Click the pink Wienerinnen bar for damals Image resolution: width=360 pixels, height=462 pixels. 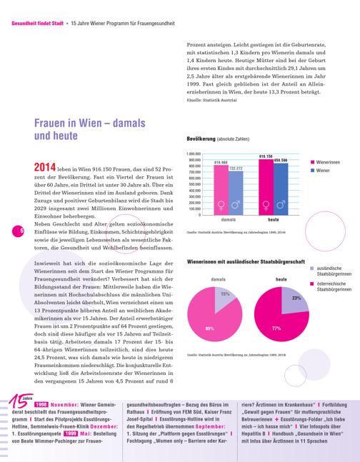(221, 190)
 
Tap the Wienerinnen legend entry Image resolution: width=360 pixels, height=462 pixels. (325, 162)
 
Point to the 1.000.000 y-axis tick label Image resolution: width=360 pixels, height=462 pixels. (194, 154)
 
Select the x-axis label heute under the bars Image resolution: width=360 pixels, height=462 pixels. (274, 220)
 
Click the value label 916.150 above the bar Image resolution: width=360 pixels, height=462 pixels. (266, 156)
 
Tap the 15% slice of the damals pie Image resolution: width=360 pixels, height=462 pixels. (224, 297)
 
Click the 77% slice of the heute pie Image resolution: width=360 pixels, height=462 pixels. (277, 324)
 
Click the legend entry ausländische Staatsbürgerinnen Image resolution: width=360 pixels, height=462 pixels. (331, 271)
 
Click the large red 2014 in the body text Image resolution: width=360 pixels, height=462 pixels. (45, 167)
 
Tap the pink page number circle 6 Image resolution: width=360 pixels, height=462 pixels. (18, 231)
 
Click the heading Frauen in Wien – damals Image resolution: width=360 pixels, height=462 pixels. (89, 123)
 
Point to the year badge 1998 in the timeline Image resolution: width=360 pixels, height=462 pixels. (41, 405)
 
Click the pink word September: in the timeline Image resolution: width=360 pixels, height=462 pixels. (211, 426)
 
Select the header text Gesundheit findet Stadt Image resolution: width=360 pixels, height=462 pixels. (37, 24)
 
